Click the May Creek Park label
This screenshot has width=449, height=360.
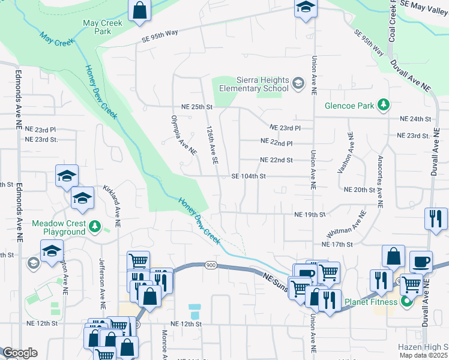[103, 28]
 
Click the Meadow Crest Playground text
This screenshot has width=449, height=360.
[58, 227]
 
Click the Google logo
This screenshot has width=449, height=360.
[20, 353]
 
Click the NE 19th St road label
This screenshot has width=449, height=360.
[309, 214]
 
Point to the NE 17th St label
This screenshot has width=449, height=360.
[337, 244]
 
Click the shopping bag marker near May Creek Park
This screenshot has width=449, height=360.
[139, 10]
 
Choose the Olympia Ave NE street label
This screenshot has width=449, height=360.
[184, 136]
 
